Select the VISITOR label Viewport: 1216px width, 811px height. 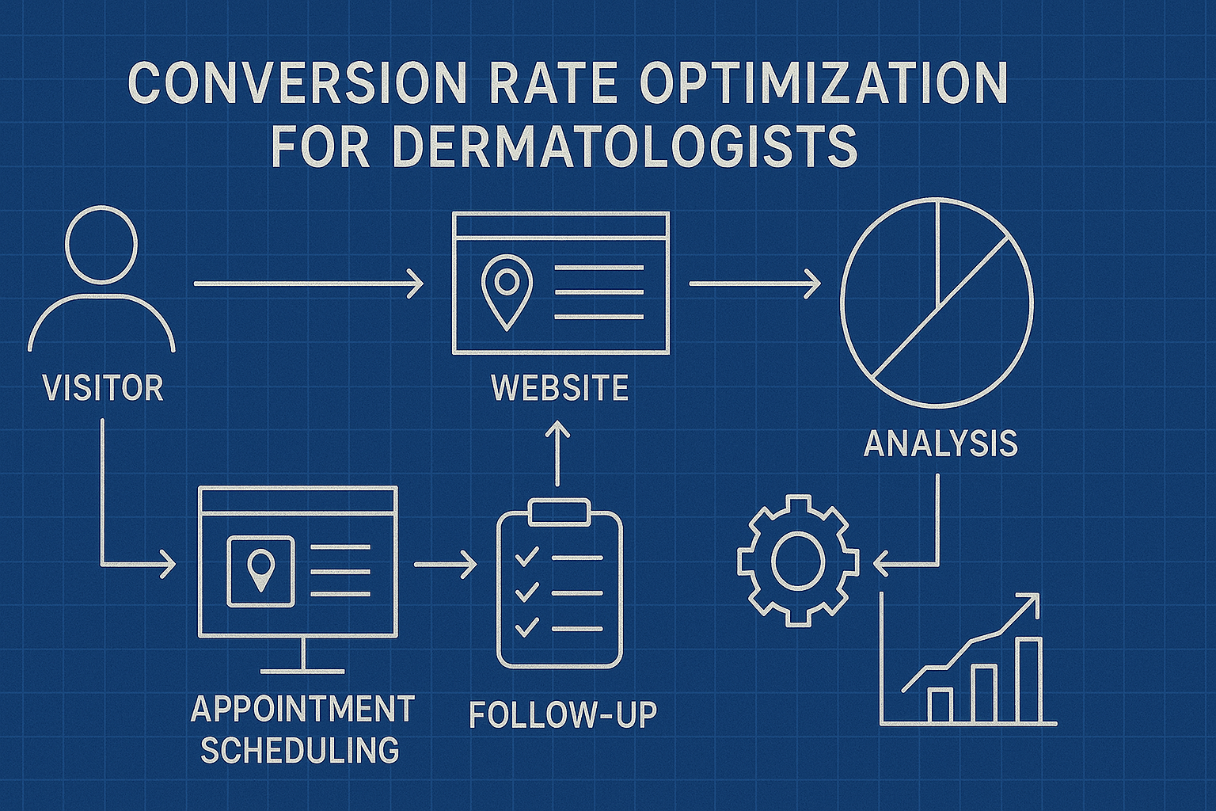click(x=103, y=388)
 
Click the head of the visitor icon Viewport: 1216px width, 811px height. click(x=101, y=244)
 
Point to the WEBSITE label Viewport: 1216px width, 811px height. click(x=560, y=388)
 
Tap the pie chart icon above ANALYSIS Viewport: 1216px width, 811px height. click(x=937, y=303)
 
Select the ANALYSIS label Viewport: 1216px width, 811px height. click(x=940, y=444)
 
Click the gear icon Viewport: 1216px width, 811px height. click(x=797, y=562)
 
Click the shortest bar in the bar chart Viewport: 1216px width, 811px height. click(x=940, y=705)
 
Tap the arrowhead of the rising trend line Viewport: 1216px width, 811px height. click(x=1031, y=601)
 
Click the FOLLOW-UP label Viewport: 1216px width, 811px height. click(x=563, y=714)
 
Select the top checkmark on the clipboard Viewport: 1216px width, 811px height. click(x=526, y=557)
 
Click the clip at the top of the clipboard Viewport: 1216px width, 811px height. click(x=559, y=512)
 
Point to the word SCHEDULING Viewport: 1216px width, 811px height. click(x=300, y=750)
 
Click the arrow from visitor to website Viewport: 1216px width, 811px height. click(x=309, y=283)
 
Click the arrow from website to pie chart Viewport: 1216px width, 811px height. click(x=754, y=283)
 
